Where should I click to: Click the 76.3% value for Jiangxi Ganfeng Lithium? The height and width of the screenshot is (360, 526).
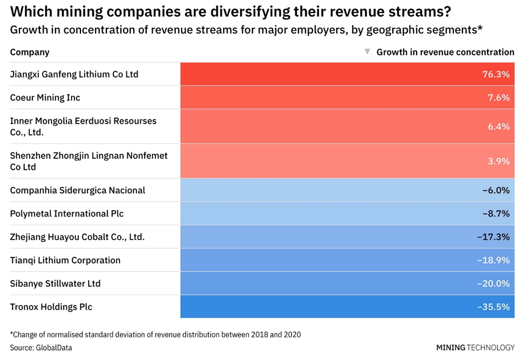[x=496, y=74]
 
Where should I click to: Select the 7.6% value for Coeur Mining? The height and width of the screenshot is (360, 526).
[x=498, y=98]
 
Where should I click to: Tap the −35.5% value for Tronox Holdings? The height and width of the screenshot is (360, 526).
[x=493, y=307]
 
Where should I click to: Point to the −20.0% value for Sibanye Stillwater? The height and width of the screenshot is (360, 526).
[x=493, y=284]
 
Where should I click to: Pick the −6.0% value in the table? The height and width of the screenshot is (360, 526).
[x=496, y=191]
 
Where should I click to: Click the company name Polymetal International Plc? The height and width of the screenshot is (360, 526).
[x=67, y=214]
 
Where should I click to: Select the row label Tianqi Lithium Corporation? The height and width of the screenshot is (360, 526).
[x=65, y=260]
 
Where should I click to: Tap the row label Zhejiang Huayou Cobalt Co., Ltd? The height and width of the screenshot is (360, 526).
[x=77, y=237]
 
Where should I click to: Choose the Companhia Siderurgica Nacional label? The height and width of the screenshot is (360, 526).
[x=78, y=191]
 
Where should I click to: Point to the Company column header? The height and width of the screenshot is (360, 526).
[x=30, y=52]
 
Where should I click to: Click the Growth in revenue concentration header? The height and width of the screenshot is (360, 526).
[x=445, y=52]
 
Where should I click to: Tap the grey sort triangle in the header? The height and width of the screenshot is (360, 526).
[x=367, y=52]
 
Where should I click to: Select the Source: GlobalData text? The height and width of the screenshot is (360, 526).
[x=41, y=348]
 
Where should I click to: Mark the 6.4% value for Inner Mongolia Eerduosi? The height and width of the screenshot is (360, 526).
[x=498, y=126]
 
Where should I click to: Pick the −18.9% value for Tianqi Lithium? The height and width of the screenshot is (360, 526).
[x=493, y=260]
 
